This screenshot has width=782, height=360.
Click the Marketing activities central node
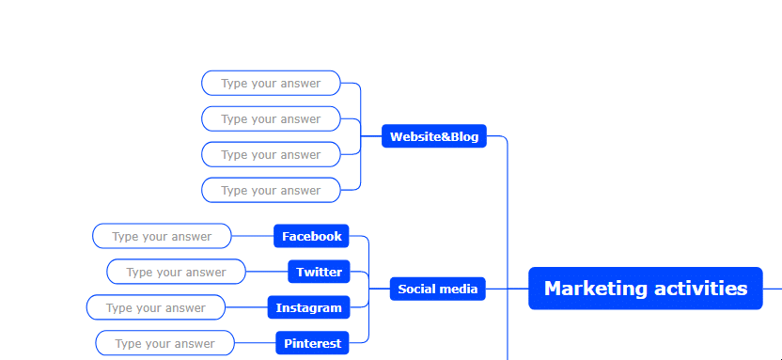coord(646,289)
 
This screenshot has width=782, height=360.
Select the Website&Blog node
coord(434,136)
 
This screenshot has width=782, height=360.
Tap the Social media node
coord(437,289)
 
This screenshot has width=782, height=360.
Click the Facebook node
coord(311,236)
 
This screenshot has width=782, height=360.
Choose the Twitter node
coord(319,272)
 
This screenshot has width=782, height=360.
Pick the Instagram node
coord(308,307)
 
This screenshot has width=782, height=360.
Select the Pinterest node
coord(312,343)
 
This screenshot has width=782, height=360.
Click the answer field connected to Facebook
coord(162,236)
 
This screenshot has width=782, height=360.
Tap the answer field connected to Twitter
coord(176,272)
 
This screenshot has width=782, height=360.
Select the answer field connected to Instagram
coord(156,307)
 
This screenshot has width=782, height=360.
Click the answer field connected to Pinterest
coord(164,343)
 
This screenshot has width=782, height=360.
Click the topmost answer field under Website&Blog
coord(271,84)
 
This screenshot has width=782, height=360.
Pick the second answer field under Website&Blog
coord(271,118)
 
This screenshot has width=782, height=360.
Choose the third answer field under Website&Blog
coord(271,154)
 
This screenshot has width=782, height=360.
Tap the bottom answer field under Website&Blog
coord(271,190)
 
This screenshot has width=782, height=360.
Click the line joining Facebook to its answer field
coord(253,236)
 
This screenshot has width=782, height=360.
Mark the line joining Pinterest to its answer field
coord(255,343)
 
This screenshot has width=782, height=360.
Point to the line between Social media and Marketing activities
coord(507,289)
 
